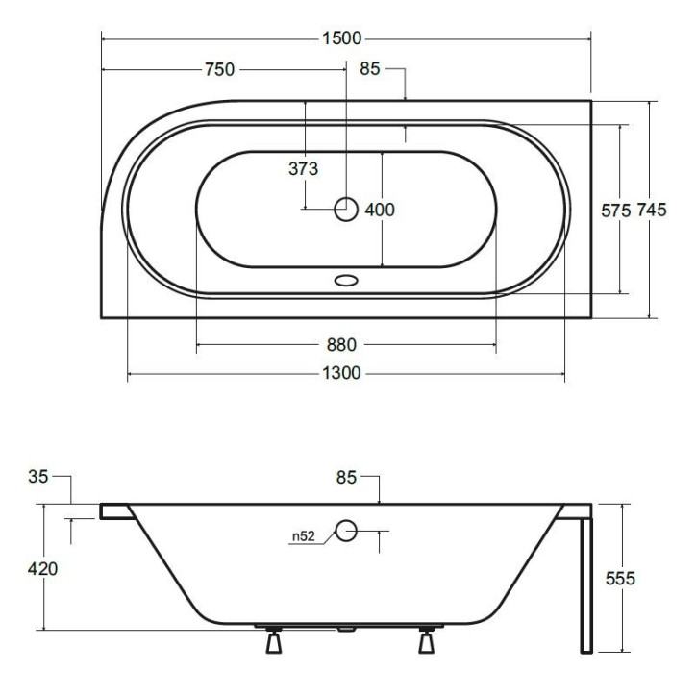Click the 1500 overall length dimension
coord(341,38)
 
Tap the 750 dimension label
coord(219,69)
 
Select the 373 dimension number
coord(303,168)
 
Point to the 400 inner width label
coord(380,210)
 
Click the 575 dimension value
coord(615,211)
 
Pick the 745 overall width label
coord(652,210)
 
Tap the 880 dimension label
coord(341,345)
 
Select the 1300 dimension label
coord(341,373)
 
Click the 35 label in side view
coord(37,477)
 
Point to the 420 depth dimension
coord(42,568)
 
